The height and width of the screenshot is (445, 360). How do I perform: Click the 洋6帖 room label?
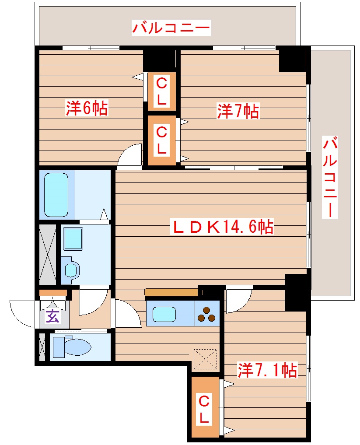tap(87, 108)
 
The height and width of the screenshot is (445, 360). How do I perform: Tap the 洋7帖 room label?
tap(238, 111)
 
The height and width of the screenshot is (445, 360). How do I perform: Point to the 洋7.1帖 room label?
tap(267, 371)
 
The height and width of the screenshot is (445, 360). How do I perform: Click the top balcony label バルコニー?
tap(171, 28)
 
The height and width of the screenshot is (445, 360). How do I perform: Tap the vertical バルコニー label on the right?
tap(331, 177)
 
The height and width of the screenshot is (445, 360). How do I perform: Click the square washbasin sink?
tap(73, 239)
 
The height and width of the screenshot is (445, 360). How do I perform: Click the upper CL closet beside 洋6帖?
tap(161, 91)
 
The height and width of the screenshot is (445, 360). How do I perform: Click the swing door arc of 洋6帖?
tap(130, 157)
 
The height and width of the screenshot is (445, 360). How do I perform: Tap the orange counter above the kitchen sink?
tap(171, 292)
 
